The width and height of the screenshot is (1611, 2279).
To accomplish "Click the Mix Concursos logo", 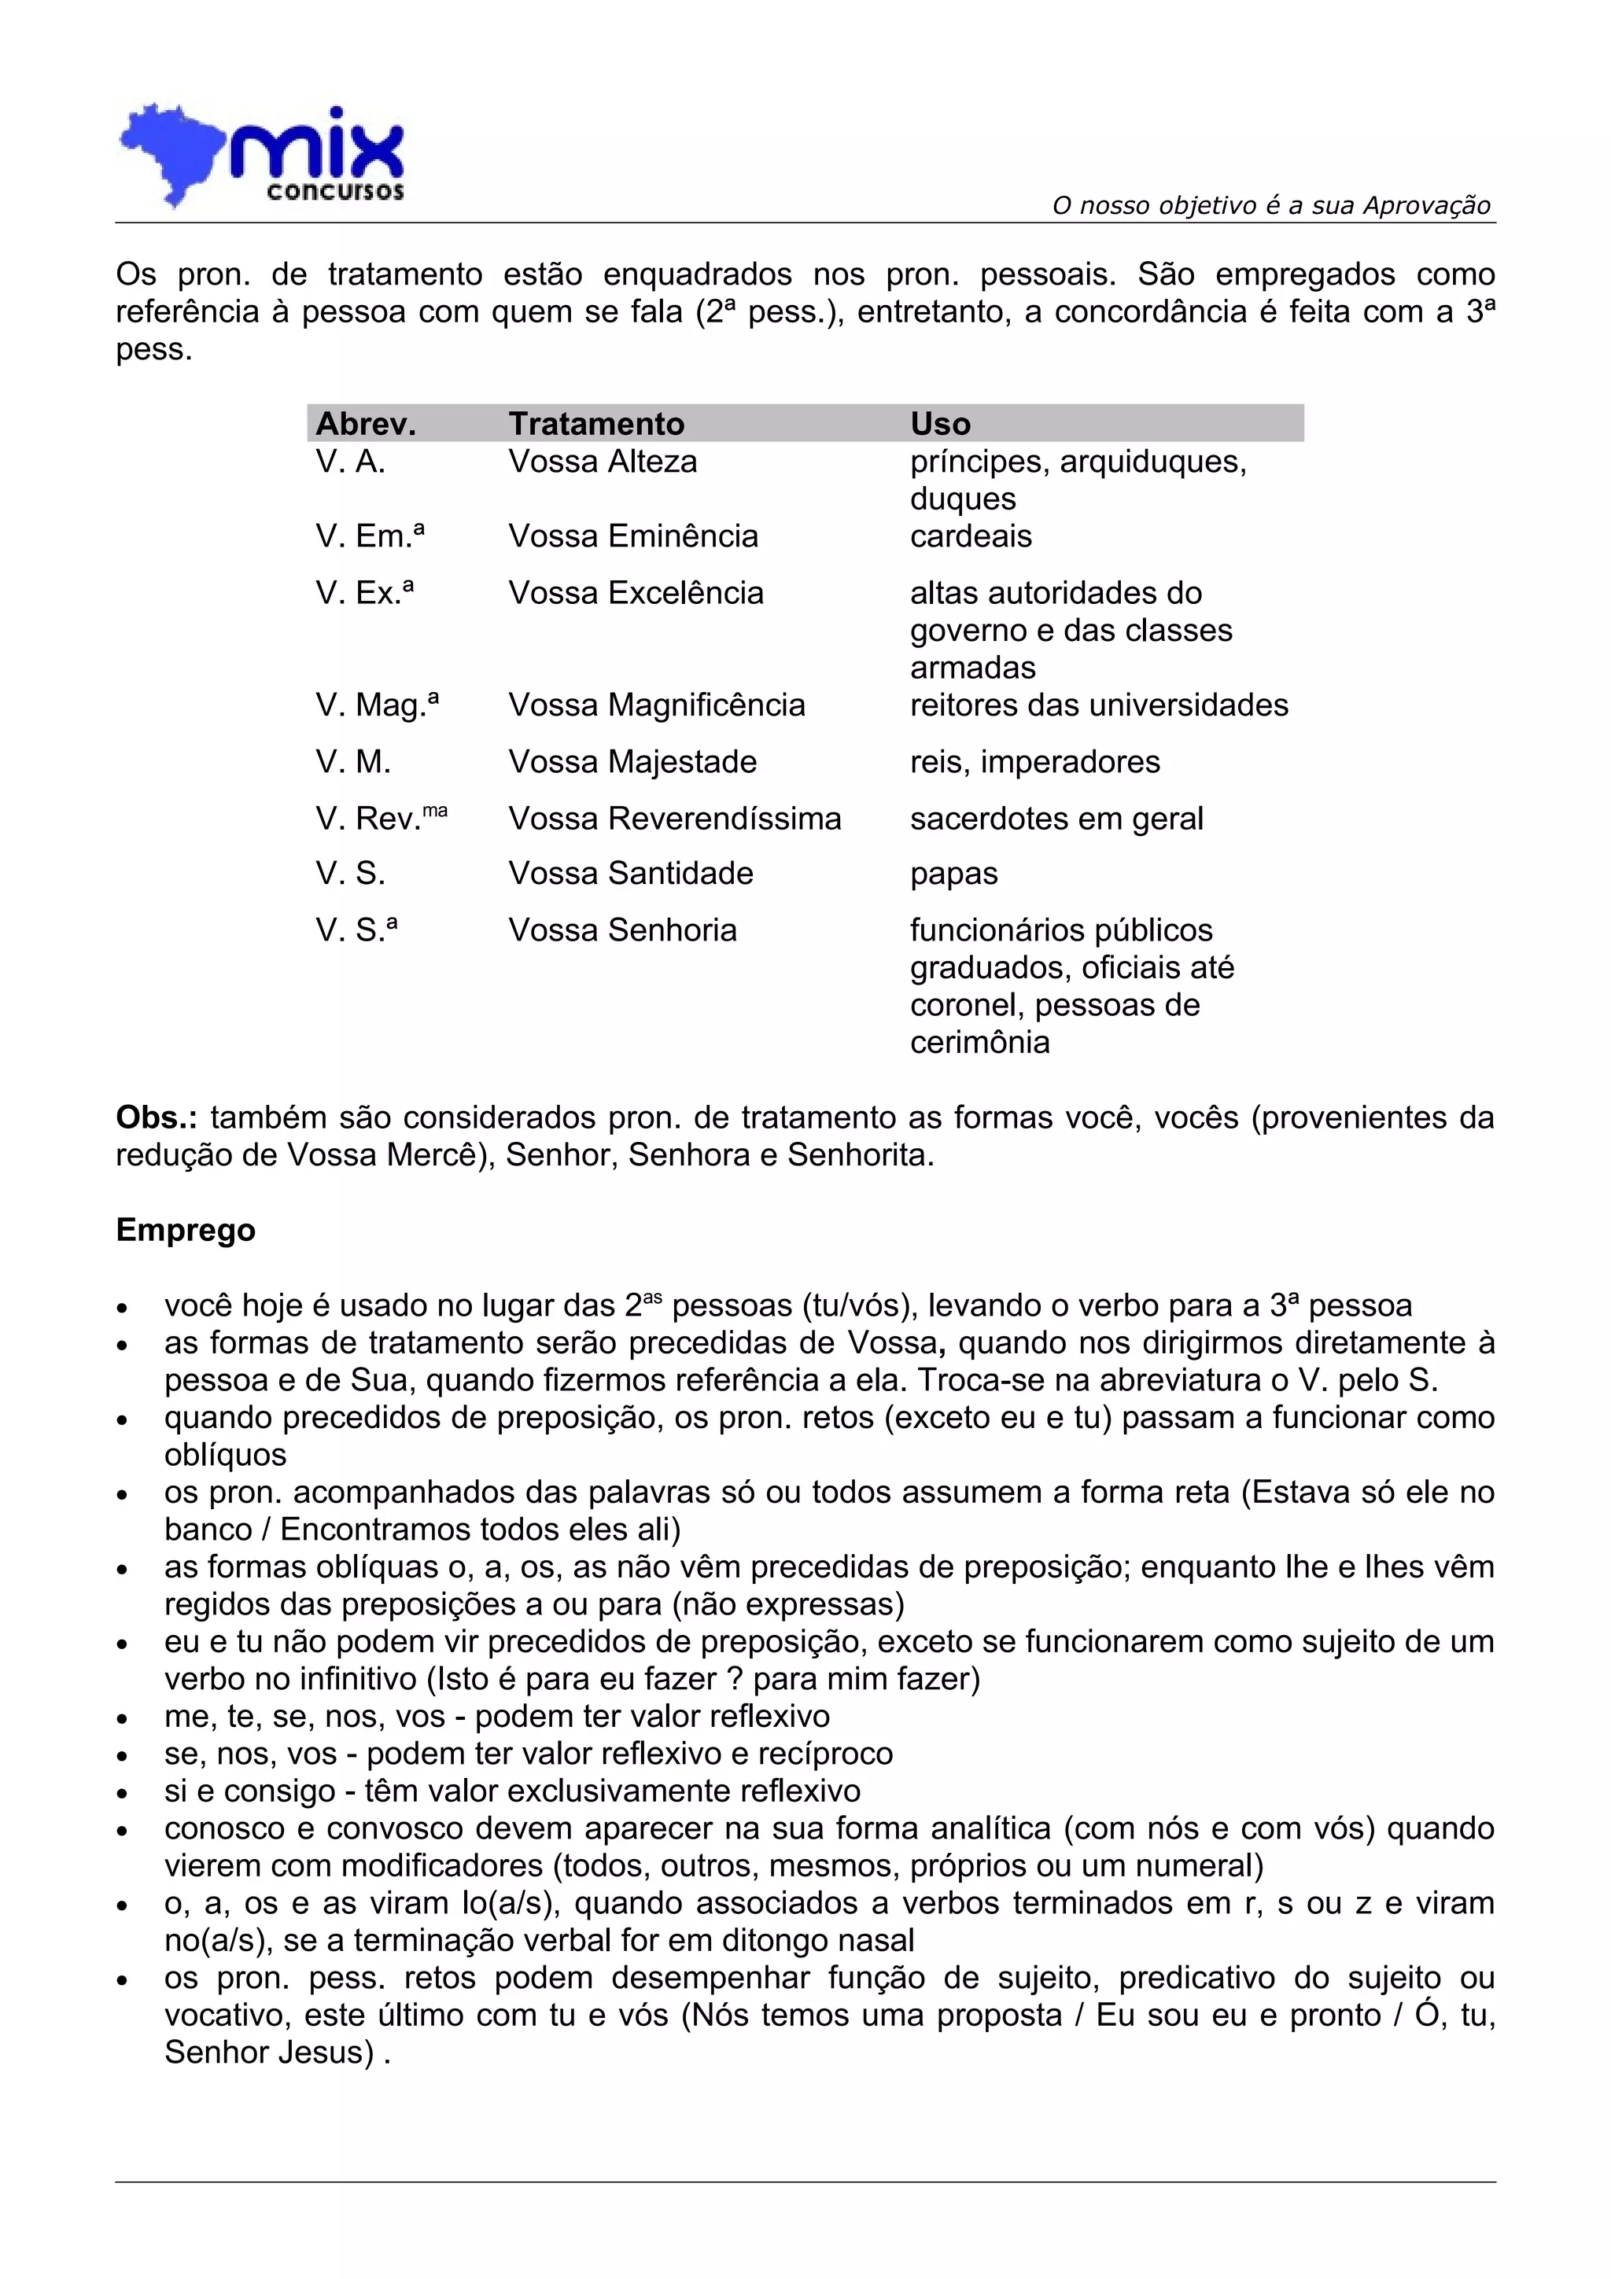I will (x=263, y=156).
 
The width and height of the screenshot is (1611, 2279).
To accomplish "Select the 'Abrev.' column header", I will (x=365, y=424).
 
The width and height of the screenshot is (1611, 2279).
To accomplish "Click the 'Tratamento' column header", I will (x=595, y=424).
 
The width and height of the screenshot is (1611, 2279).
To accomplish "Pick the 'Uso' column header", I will (x=940, y=424).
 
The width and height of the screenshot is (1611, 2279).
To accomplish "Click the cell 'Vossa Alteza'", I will (x=603, y=462).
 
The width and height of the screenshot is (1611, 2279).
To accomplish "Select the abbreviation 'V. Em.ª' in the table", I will (x=369, y=536).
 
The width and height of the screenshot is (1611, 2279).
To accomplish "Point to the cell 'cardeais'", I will (x=970, y=536).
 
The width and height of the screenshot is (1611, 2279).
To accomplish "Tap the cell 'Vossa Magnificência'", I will (x=656, y=705).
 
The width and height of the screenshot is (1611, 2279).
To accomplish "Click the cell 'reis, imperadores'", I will (x=1034, y=761).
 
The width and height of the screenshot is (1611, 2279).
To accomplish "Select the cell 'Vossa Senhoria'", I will (x=622, y=930).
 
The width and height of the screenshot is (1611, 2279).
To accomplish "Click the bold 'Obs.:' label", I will (x=156, y=1117).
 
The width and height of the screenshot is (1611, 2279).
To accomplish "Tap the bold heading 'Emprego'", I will (x=186, y=1230).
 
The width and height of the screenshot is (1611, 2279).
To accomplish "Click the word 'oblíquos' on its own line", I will (x=225, y=1455).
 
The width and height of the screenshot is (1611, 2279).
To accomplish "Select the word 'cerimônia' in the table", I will (x=979, y=1042).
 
